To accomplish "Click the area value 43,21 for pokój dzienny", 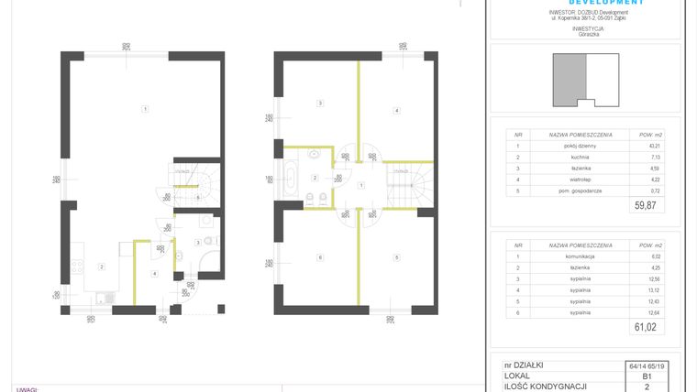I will click(642, 146).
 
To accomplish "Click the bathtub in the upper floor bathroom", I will click(291, 177).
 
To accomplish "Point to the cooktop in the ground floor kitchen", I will click(78, 267).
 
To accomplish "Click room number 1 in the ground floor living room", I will click(145, 110).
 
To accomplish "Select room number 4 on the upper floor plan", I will click(396, 111).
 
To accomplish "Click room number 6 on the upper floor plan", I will click(319, 257).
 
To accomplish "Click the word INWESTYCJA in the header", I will click(587, 28).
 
